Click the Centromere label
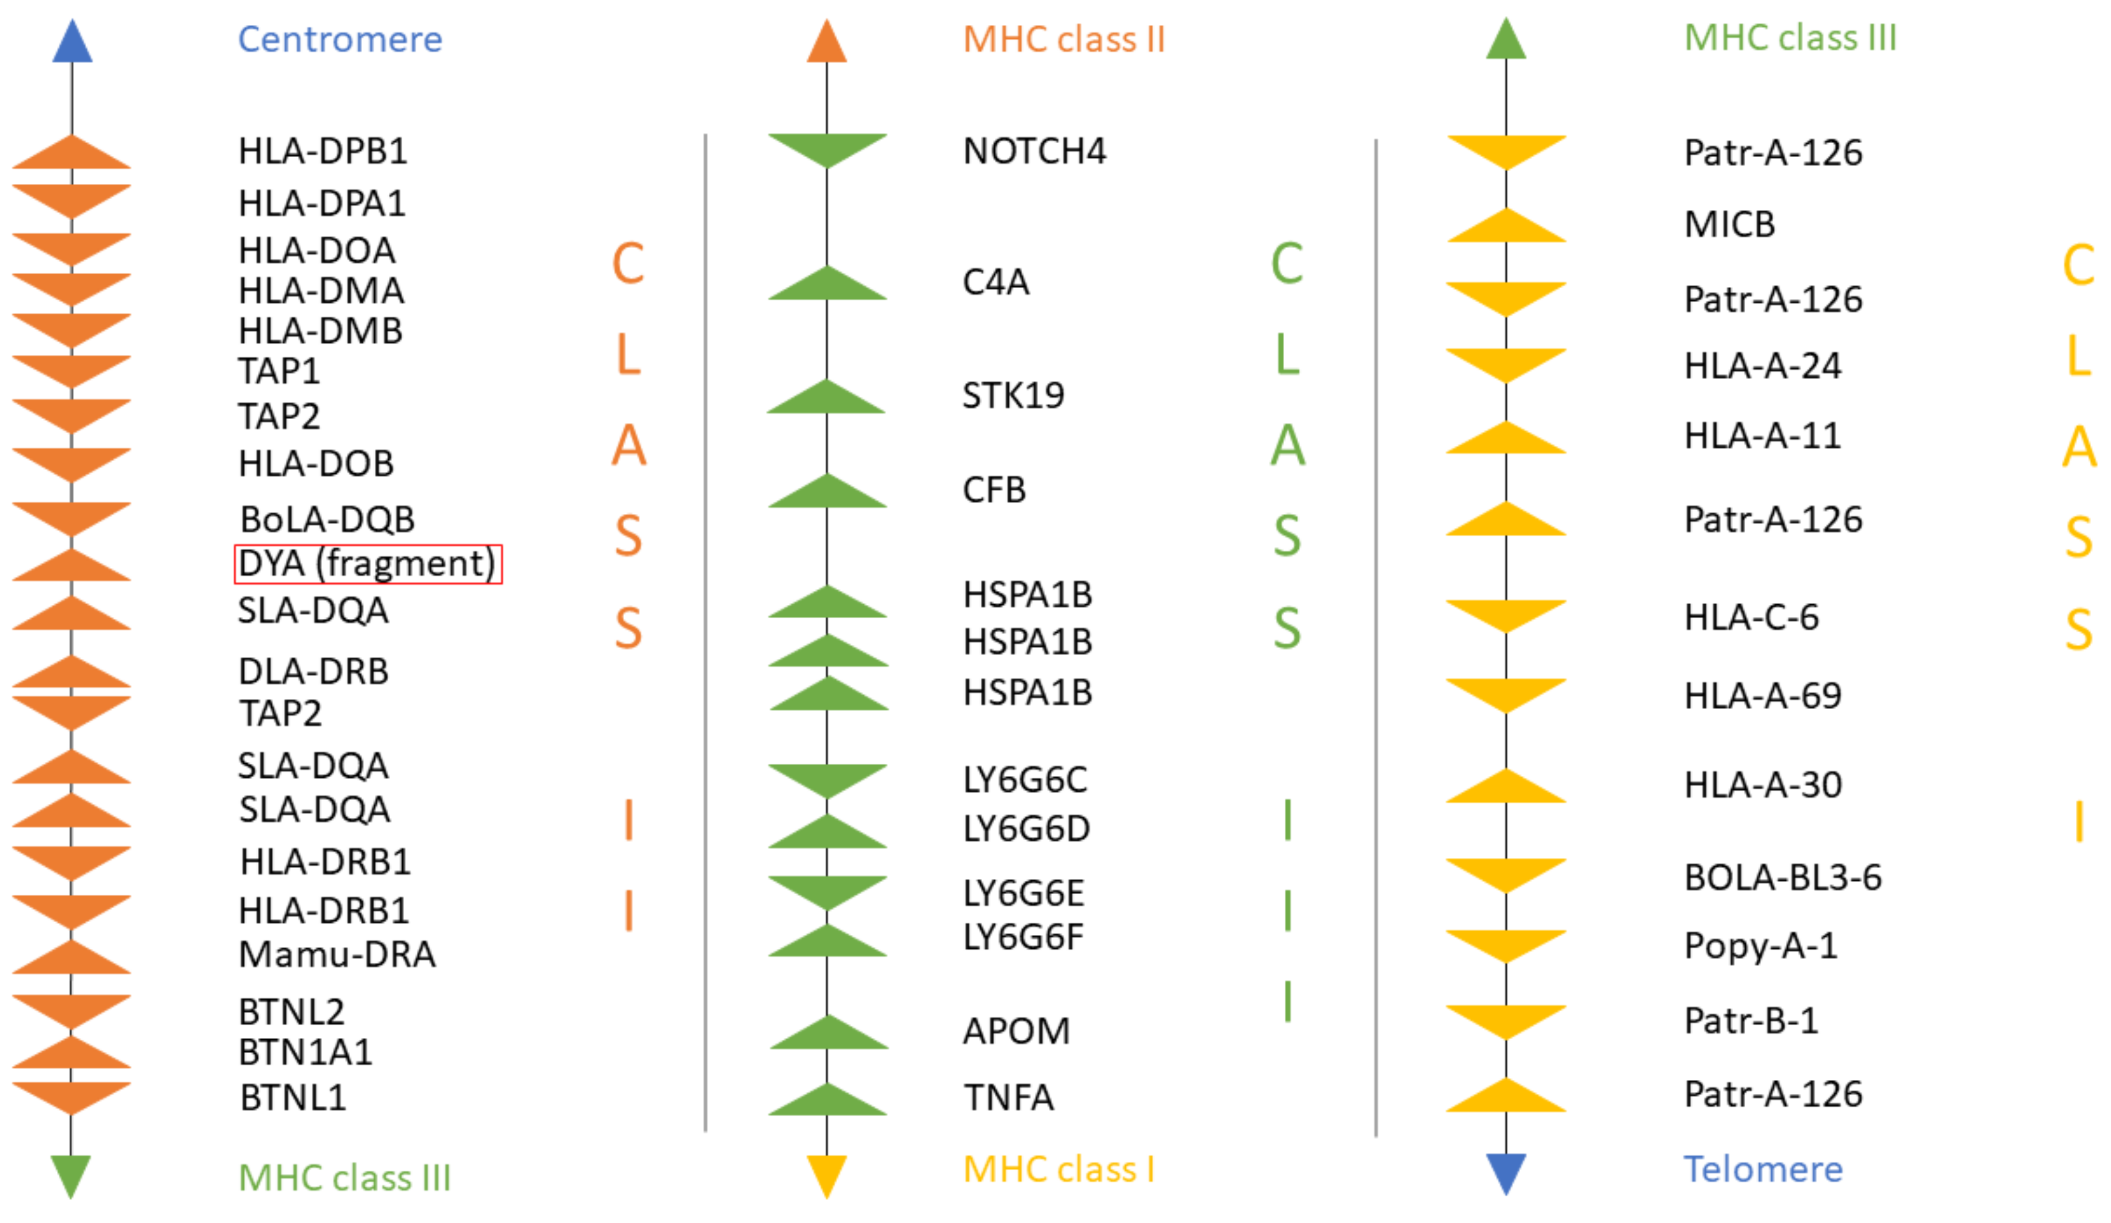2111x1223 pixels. (340, 39)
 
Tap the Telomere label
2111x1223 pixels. (1763, 1170)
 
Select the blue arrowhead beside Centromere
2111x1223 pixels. (72, 42)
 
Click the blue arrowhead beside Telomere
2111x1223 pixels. (1506, 1173)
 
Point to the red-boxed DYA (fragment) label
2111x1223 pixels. (368, 564)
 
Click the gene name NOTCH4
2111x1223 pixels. (1034, 151)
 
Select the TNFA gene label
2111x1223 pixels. (1009, 1097)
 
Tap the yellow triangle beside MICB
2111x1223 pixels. (1506, 227)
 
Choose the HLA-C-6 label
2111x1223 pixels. (1752, 618)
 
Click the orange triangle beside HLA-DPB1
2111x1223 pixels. (72, 154)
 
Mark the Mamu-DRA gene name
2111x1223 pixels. (337, 954)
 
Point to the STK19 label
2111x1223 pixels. (1013, 396)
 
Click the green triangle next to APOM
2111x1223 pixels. (829, 1034)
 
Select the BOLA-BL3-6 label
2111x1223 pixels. (1783, 877)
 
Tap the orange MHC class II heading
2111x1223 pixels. (1064, 39)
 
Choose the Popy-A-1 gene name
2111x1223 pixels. (1761, 946)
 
